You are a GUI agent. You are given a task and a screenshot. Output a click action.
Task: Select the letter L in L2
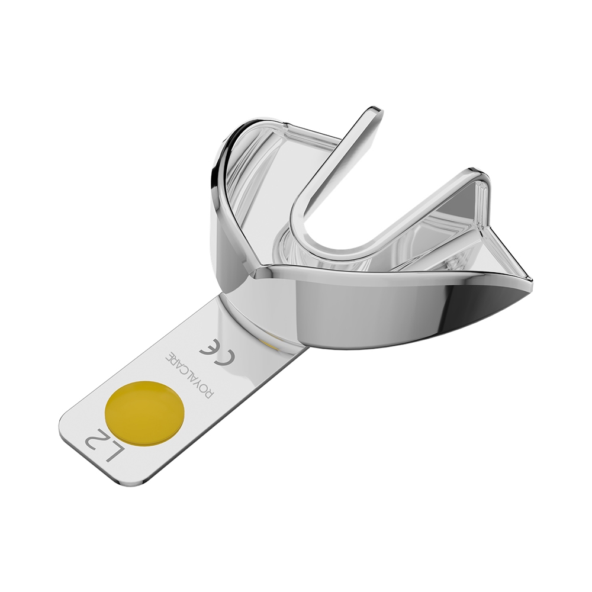[x=117, y=461]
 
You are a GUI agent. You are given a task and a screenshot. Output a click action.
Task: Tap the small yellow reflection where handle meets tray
[x=270, y=342]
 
